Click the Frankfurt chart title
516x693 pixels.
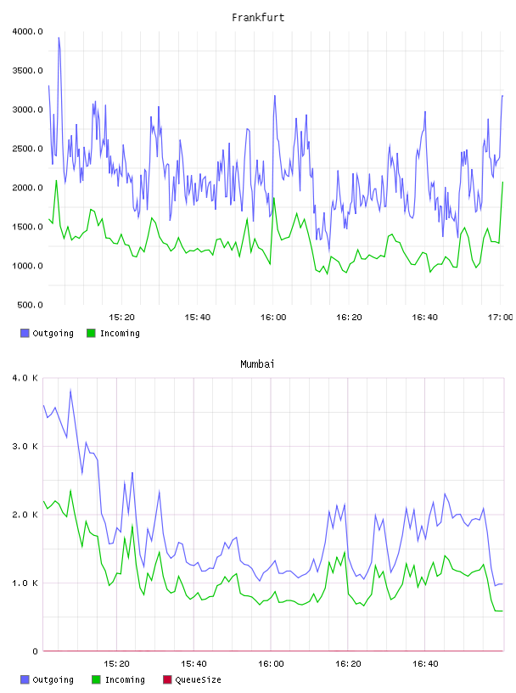point(258,18)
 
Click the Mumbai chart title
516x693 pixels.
point(257,364)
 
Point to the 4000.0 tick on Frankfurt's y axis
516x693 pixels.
point(27,31)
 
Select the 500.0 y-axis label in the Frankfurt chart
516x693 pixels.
point(30,305)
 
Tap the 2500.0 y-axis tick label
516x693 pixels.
point(27,149)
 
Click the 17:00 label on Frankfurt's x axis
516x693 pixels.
point(500,318)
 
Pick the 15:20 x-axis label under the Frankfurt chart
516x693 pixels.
point(121,318)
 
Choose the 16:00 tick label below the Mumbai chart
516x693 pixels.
point(271,664)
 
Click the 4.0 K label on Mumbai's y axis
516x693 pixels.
point(25,378)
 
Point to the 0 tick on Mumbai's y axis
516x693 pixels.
point(36,651)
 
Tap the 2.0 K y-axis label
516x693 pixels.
point(25,515)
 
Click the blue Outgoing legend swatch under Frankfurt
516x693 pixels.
point(25,333)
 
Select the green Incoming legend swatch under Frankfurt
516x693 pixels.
point(91,333)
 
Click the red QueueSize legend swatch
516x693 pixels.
point(167,679)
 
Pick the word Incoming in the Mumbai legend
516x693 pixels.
point(125,680)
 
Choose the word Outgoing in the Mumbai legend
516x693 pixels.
point(53,680)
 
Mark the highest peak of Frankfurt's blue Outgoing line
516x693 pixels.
point(59,38)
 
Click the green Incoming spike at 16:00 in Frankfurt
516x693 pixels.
point(274,199)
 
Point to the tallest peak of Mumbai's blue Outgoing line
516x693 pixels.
point(70,391)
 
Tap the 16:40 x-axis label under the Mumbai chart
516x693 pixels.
point(425,664)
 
